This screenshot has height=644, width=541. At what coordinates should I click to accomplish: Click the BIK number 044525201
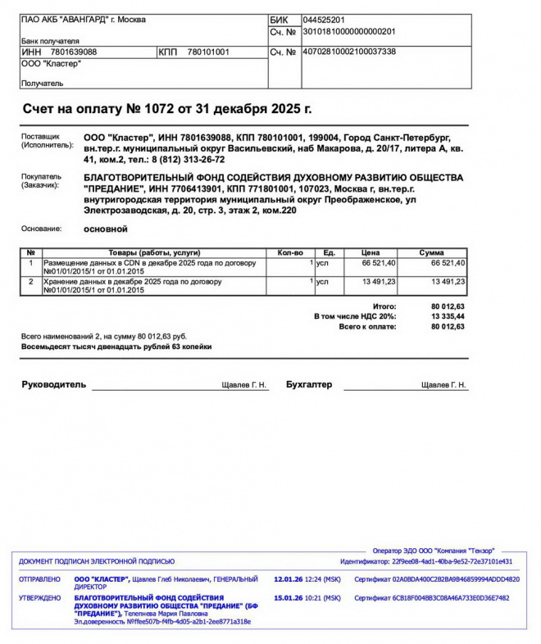pos(323,20)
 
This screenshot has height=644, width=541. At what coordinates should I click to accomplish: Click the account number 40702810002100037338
pos(349,52)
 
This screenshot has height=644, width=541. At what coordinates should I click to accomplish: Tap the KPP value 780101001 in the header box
pos(208,52)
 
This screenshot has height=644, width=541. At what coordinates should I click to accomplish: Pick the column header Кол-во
pos(291,252)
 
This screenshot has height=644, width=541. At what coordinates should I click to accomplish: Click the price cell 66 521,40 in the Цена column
pos(379,263)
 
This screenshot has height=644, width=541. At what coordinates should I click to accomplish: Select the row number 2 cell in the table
pos(31,281)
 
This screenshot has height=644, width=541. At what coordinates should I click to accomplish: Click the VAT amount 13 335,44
pos(448,316)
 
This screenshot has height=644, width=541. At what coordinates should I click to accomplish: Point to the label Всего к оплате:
pos(367,326)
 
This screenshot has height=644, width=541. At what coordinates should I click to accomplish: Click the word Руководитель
pos(53,384)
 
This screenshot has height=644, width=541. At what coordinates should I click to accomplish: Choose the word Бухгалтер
pos(309,384)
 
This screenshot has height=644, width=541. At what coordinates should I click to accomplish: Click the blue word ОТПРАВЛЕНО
pos(39,579)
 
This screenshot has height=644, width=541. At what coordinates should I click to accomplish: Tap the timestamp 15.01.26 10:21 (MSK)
pos(307,598)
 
